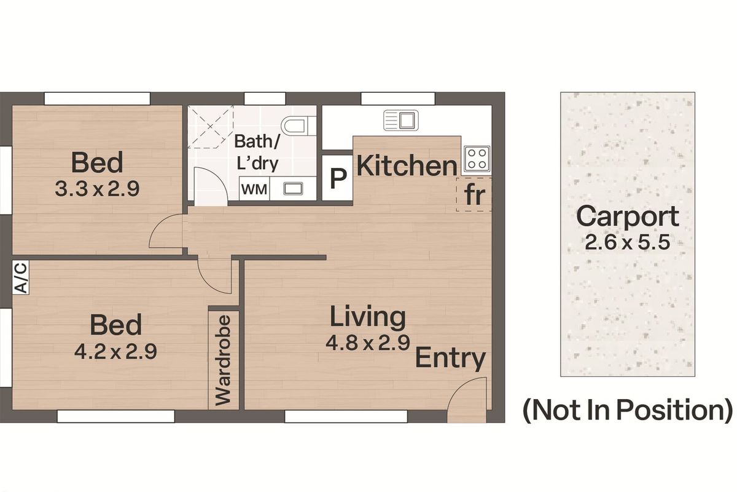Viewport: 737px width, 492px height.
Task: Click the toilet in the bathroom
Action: [295, 125]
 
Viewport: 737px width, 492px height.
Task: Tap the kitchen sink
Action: [401, 120]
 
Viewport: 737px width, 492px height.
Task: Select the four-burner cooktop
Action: [477, 159]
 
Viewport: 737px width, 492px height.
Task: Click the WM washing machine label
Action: [254, 189]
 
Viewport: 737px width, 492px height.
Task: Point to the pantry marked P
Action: [338, 178]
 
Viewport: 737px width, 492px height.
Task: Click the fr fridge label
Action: [475, 195]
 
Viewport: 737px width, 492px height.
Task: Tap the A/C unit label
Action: [21, 277]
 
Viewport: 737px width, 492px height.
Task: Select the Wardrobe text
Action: [224, 360]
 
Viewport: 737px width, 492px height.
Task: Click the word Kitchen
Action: [407, 166]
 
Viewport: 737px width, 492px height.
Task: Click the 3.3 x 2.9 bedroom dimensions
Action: [97, 189]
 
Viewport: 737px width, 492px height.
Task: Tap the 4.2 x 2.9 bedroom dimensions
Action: [115, 351]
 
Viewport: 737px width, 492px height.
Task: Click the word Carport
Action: [628, 217]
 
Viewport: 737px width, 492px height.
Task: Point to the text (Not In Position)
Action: [628, 410]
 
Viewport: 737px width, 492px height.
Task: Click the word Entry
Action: [450, 359]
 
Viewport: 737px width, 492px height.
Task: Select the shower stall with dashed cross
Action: [211, 127]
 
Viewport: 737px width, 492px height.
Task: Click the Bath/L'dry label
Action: [257, 153]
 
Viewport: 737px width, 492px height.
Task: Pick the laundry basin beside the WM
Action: [293, 189]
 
